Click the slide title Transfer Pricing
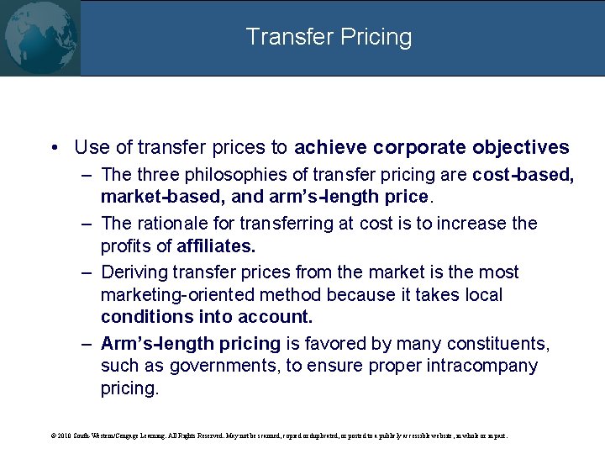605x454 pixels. pos(329,37)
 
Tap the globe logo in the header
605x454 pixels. pos(40,38)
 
